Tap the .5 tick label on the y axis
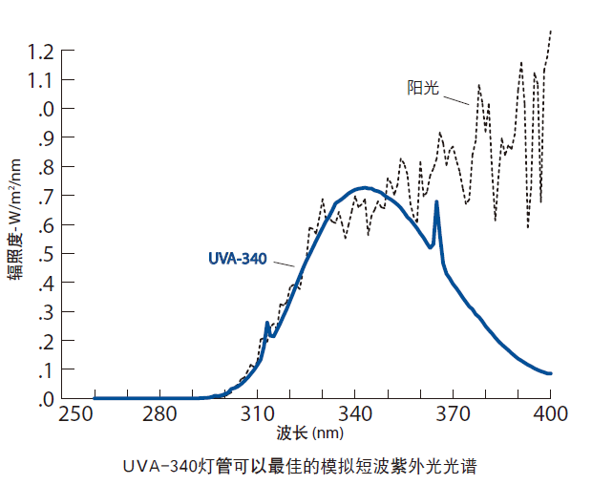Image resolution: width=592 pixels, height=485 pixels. point(50,254)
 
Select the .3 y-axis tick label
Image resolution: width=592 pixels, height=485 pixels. point(50,312)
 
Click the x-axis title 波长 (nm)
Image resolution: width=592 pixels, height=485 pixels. point(306,434)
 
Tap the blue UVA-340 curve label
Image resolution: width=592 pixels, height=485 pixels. point(237,258)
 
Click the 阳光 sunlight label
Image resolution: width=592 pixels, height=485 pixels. point(422,88)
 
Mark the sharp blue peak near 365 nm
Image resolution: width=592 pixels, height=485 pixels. point(436,201)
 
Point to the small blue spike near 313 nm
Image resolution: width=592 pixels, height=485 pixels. point(267,323)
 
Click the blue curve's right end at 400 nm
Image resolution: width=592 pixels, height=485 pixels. point(551,373)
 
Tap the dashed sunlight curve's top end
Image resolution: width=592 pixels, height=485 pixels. point(551,32)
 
